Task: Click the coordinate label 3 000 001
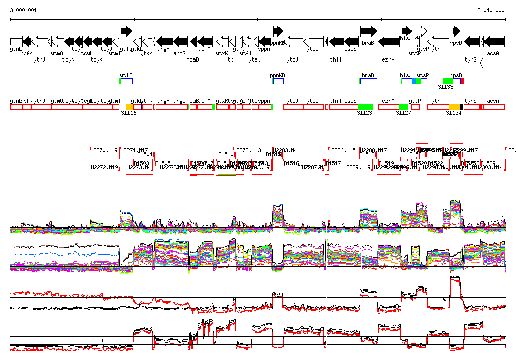23,10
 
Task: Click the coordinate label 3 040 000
491,10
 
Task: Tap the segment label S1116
128,113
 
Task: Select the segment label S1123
364,113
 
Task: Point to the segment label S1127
403,113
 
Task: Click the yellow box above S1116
130,107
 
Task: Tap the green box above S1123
365,107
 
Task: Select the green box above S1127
403,107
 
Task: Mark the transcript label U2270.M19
104,150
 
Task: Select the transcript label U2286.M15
342,150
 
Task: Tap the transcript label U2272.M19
104,167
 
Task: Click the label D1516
291,163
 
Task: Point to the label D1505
163,163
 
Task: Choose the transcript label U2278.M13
248,150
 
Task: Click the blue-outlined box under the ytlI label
126,81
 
